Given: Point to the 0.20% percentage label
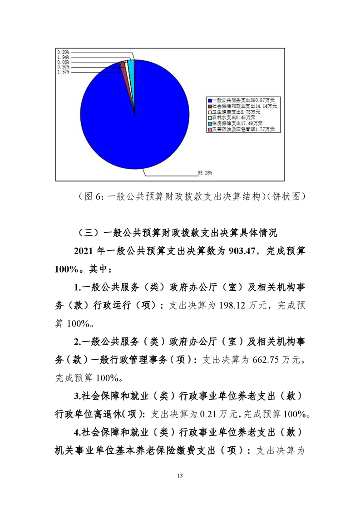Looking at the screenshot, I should [63, 52].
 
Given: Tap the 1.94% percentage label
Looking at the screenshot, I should [63, 58].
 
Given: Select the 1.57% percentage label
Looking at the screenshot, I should [63, 72].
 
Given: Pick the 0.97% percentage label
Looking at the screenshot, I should [63, 67].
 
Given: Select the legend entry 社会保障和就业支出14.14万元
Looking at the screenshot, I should [243, 105].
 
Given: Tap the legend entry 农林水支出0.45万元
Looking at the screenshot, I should [233, 117].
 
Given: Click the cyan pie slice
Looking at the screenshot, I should [132, 66].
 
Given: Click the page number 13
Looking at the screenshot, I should [180, 476].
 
